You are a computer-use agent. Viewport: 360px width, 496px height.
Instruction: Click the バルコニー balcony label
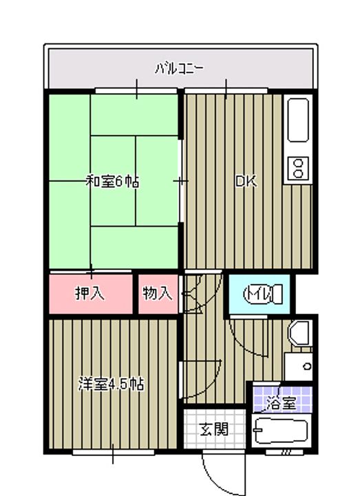[180, 68]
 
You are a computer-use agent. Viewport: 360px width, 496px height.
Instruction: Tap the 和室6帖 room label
[112, 182]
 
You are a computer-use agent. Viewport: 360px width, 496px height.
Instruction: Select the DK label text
[246, 182]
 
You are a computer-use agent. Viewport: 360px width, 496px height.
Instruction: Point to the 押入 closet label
[89, 293]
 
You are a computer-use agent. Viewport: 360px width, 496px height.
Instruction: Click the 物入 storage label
[157, 293]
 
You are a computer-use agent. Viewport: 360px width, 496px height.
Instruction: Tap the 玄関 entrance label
[214, 429]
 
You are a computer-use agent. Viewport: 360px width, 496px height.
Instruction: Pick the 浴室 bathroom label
[282, 404]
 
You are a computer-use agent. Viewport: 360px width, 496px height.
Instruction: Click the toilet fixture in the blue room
[263, 294]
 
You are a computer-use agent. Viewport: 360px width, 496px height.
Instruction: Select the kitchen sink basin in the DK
[298, 120]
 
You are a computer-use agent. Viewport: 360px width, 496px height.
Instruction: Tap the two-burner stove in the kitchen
[298, 168]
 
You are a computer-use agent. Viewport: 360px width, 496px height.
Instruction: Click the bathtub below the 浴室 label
[280, 431]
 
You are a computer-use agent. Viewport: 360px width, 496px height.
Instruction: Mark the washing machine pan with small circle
[298, 367]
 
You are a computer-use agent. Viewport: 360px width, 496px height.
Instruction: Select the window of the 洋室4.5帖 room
[113, 453]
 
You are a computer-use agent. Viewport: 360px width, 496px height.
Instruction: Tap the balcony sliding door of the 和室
[136, 91]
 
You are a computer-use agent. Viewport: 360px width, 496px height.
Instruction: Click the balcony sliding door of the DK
[226, 91]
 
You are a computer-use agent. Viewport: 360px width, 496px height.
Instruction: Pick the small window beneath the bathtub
[284, 452]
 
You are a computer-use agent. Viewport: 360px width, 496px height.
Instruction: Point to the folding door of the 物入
[193, 294]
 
